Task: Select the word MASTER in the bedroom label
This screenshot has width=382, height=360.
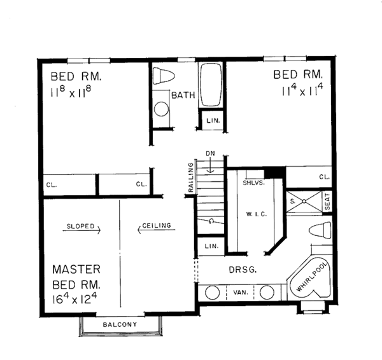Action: click(76, 269)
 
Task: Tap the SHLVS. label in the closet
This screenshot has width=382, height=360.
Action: click(253, 182)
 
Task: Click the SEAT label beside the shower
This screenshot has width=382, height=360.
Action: click(327, 202)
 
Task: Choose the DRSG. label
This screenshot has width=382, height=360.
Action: click(243, 270)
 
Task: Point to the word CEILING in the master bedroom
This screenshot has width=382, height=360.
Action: click(155, 226)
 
